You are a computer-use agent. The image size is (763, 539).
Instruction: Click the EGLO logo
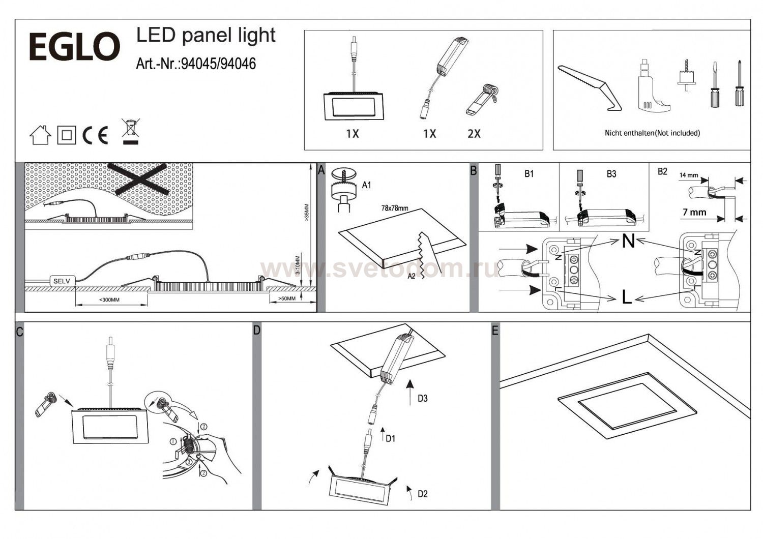pos(74,47)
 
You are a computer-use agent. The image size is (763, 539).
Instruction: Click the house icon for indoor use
pos(41,135)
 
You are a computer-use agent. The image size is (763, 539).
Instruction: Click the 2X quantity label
pos(474,134)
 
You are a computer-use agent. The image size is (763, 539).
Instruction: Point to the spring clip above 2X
pos(482,99)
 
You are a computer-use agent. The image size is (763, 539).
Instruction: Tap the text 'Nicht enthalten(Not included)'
pos(652,133)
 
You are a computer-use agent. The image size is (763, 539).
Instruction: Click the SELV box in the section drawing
pos(62,281)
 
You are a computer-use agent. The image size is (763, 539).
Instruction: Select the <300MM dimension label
pos(109,300)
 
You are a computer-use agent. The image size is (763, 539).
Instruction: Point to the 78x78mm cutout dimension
pos(394,208)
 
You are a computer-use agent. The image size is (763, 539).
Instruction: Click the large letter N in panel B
pos(629,241)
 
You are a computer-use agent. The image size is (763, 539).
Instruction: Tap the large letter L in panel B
pos(627,297)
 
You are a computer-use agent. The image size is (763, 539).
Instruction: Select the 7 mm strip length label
pos(694,212)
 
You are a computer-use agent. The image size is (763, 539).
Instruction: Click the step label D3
pos(422,398)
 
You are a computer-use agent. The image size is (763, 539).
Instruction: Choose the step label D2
pos(422,494)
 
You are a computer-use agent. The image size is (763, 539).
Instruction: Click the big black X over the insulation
pos(142,178)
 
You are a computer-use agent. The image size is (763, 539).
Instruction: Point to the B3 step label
pos(611,174)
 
